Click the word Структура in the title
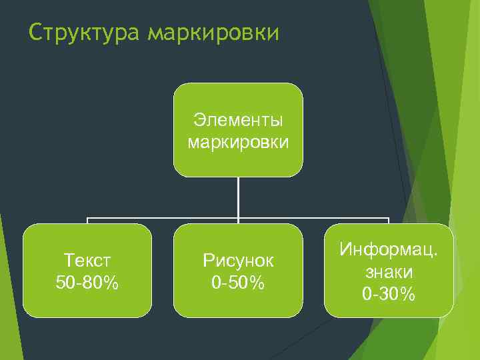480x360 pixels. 84,33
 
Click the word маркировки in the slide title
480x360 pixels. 213,33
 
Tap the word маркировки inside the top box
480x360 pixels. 238,141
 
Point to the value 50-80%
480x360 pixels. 87,283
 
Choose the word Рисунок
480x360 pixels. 238,261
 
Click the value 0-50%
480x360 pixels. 238,283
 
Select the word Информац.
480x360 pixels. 389,250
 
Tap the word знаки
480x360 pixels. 389,272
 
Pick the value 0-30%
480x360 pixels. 389,293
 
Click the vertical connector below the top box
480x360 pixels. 238,197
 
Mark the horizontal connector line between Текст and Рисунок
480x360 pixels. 163,218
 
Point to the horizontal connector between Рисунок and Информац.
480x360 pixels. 313,218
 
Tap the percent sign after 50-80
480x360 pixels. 111,283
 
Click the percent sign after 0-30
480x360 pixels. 408,293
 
